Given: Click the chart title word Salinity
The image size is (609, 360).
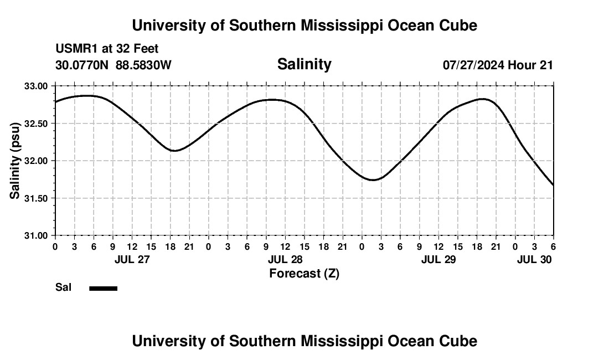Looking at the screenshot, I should (304, 64).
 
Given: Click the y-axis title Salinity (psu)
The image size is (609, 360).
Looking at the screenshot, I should (15, 161).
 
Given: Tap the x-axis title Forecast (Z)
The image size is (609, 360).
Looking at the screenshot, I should (304, 273).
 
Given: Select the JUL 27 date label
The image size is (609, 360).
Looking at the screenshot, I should (132, 259).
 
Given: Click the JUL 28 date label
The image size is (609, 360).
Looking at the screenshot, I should (285, 259).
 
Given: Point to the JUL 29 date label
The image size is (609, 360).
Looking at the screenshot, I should (438, 259).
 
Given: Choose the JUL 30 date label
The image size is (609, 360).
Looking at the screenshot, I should (534, 259).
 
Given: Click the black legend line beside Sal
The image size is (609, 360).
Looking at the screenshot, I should (103, 288).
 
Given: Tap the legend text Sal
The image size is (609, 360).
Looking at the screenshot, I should (64, 287).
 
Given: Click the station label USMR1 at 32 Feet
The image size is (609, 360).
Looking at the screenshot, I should (107, 49).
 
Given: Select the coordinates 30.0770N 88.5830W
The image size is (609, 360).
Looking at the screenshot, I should (113, 65).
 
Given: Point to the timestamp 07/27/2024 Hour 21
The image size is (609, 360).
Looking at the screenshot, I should (498, 65).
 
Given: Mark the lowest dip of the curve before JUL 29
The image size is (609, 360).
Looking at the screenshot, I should (373, 180).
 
